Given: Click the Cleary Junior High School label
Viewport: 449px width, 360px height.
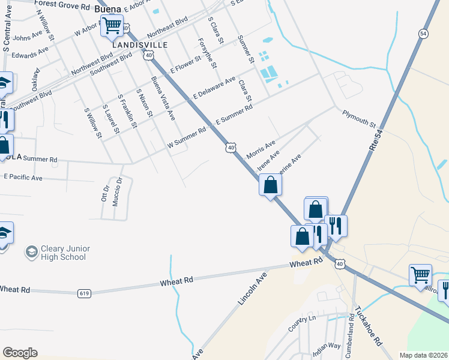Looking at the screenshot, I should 65,253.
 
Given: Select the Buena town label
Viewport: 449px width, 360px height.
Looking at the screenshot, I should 107,9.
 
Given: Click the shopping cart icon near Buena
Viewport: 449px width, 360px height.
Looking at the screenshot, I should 112,26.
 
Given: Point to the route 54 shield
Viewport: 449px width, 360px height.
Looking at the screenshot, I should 424,34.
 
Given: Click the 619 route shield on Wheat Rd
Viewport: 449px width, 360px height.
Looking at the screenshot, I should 84,293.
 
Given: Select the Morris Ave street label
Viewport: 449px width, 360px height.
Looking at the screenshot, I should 261,150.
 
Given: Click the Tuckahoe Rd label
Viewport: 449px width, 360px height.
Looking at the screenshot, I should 368,325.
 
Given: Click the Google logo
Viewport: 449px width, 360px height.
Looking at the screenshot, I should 20,353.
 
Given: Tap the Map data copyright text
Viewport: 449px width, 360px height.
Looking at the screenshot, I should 423,355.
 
